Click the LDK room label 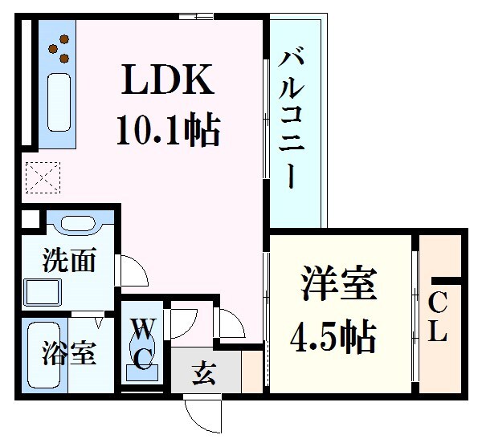click(x=168, y=80)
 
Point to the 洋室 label click(x=338, y=287)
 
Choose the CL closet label click(x=438, y=318)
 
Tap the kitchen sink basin click(x=59, y=102)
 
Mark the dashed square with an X click(x=38, y=177)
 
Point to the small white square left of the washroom click(x=29, y=217)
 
